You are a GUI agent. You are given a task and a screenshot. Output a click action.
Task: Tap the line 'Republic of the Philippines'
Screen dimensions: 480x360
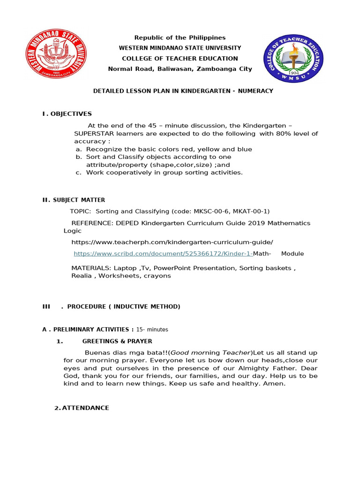pos(180,37)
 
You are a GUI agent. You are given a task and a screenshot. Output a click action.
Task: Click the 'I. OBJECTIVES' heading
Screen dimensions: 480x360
pos(67,114)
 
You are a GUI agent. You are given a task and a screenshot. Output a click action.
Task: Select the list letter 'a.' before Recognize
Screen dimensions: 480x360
pos(79,149)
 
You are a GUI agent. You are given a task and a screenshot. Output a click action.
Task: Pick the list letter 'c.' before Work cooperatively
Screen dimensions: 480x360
pos(79,172)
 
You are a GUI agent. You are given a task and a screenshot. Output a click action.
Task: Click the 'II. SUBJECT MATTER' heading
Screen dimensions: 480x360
pos(74,200)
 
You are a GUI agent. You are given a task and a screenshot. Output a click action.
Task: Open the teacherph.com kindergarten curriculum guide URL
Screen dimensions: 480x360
pos(172,242)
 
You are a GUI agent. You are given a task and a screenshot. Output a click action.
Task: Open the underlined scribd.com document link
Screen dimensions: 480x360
pos(163,254)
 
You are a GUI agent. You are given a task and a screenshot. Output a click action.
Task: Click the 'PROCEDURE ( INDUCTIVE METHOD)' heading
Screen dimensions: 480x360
pos(123,307)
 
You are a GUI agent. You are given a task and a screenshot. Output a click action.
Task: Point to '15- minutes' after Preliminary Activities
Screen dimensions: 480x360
pos(152,330)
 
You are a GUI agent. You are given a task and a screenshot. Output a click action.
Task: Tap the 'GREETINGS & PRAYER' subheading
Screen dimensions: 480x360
pos(117,341)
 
